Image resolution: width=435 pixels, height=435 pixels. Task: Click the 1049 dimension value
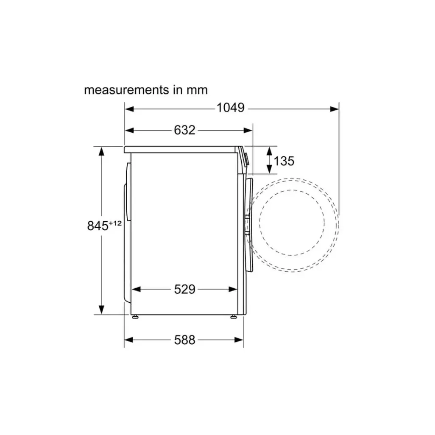click(230, 108)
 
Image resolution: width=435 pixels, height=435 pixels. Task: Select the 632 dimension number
click(184, 130)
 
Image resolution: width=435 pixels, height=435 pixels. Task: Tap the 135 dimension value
click(284, 161)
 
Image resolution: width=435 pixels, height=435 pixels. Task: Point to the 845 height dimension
click(98, 226)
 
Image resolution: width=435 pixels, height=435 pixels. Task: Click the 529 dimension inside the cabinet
click(184, 289)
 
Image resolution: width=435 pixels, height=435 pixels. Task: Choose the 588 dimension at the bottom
click(184, 340)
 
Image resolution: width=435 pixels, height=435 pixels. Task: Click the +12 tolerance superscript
click(115, 223)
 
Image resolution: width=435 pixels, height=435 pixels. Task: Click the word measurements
click(126, 90)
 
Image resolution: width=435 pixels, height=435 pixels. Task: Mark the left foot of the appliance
click(135, 317)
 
